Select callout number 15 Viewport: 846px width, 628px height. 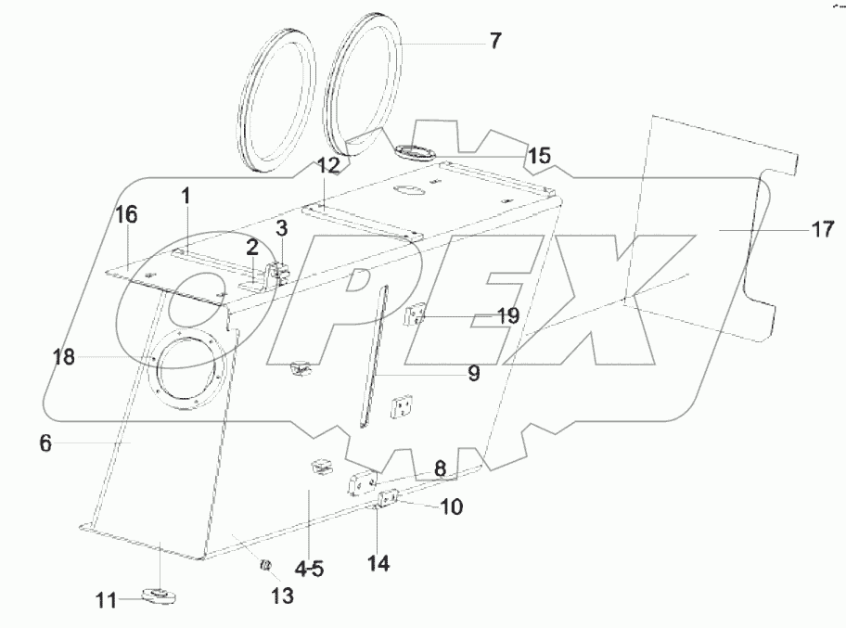tap(539, 155)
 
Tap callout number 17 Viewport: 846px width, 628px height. tap(823, 229)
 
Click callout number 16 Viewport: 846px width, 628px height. tap(126, 215)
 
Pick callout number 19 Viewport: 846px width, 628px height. tap(506, 316)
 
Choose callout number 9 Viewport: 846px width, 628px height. tap(472, 374)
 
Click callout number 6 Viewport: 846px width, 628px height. tap(45, 444)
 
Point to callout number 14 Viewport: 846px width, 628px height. tap(378, 562)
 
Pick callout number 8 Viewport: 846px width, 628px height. tap(441, 469)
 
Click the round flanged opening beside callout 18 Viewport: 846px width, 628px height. tap(189, 373)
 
